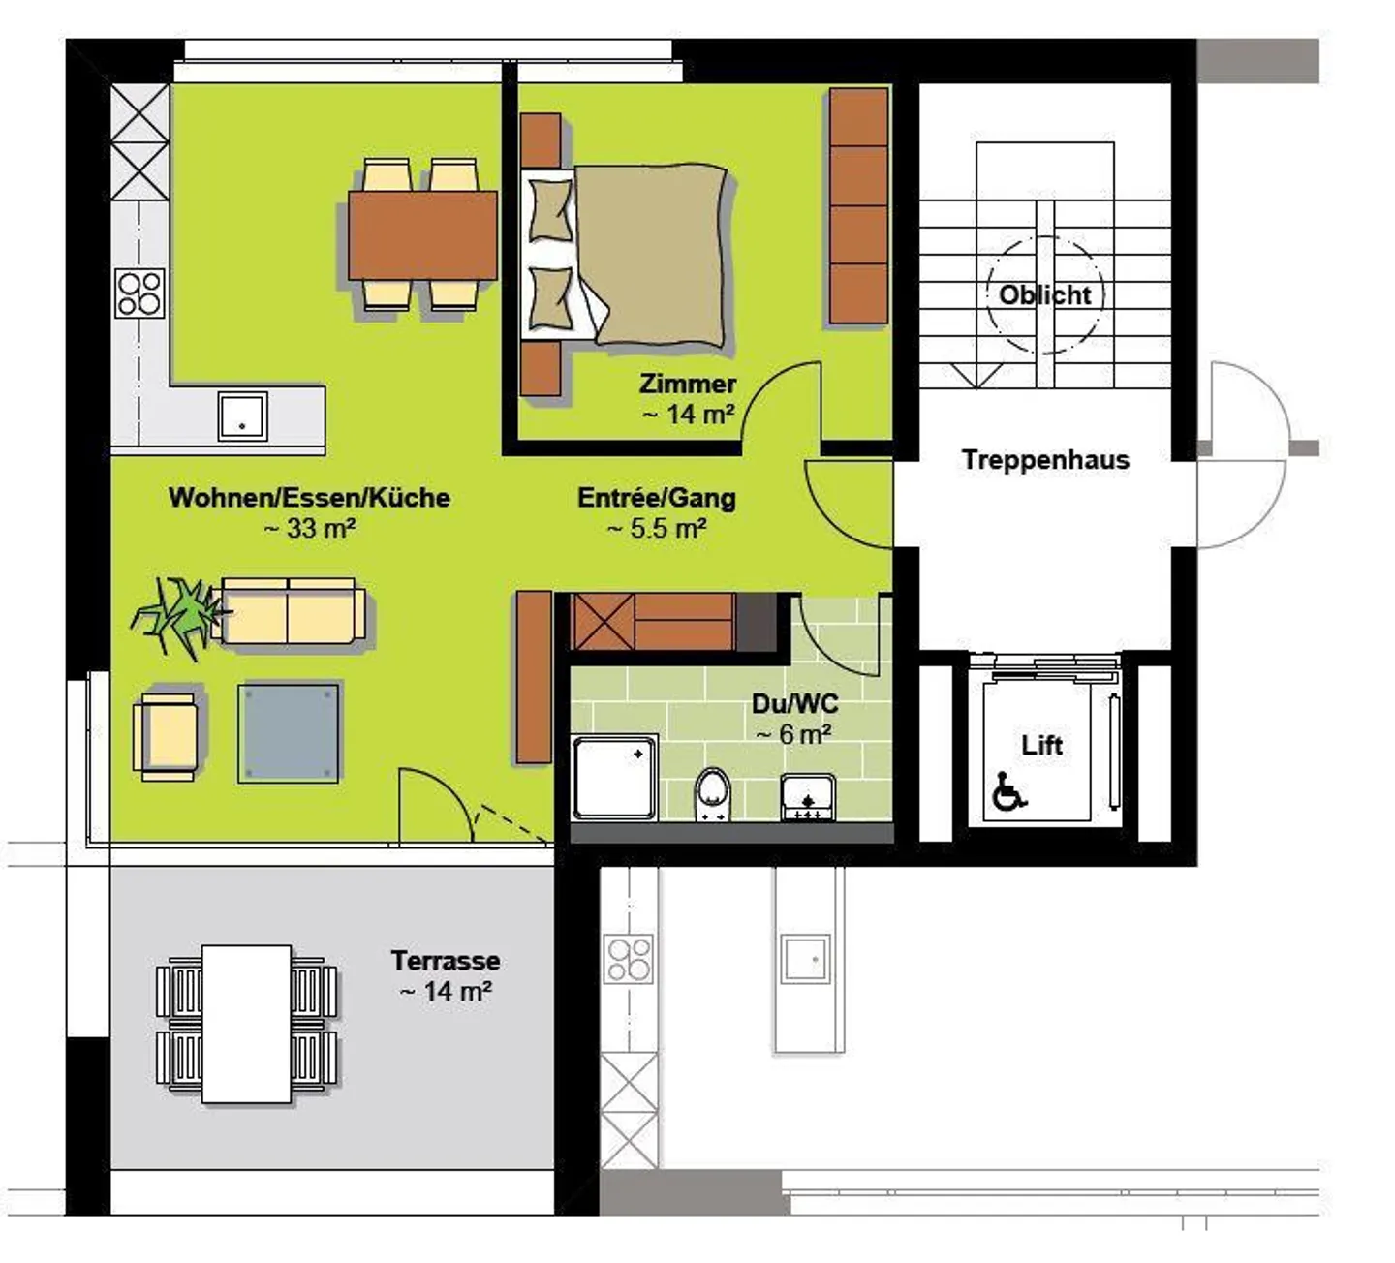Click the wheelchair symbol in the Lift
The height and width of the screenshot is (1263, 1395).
[1009, 791]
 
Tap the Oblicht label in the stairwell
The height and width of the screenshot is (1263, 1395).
[1044, 295]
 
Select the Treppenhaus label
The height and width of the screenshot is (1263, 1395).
[1045, 460]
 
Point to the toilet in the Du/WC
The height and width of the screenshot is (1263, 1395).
[713, 794]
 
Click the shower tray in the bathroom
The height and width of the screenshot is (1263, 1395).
[615, 779]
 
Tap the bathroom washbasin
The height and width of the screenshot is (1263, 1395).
[807, 798]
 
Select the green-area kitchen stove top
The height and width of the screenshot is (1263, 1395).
[139, 293]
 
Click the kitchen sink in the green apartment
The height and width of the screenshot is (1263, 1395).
[242, 416]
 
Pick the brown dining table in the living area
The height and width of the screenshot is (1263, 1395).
[422, 235]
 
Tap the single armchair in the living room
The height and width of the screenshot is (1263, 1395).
[166, 737]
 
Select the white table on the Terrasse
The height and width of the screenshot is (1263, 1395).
[246, 1024]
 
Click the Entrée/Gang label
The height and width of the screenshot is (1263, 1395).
[657, 498]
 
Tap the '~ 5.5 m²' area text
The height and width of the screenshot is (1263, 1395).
[657, 529]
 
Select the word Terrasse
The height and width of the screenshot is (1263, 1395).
[446, 961]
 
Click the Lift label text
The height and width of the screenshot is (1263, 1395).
[1041, 745]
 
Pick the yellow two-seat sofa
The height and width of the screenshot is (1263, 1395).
[288, 610]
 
